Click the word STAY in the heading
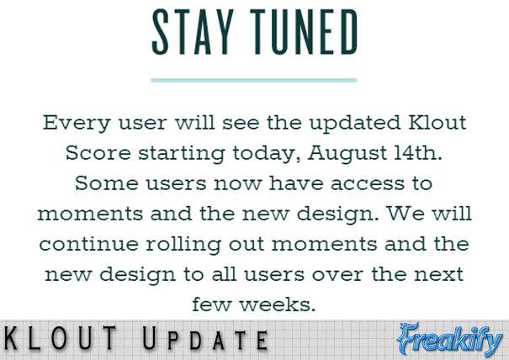pyautogui.click(x=193, y=31)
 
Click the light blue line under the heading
pyautogui.click(x=254, y=80)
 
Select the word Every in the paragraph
pyautogui.click(x=77, y=124)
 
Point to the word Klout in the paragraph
pyautogui.click(x=437, y=122)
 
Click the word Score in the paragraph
pyautogui.click(x=98, y=152)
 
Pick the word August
pyautogui.click(x=347, y=154)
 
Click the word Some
pyautogui.click(x=107, y=183)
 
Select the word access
pyautogui.click(x=368, y=184)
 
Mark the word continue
pyautogui.click(x=88, y=244)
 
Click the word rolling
pyautogui.click(x=183, y=245)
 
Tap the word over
pyautogui.click(x=337, y=275)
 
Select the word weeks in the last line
pyautogui.click(x=278, y=304)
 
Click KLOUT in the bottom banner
pyautogui.click(x=60, y=338)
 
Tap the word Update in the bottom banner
pyautogui.click(x=205, y=338)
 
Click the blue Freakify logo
pyautogui.click(x=450, y=340)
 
